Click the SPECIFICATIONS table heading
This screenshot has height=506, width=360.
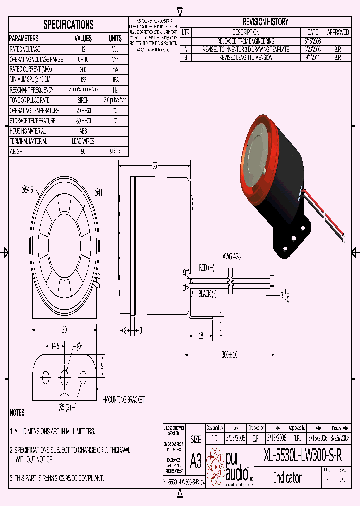(68, 25)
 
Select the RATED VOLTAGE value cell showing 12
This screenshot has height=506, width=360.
(83, 49)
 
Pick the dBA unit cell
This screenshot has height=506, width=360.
(115, 80)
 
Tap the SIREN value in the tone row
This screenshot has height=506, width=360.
(83, 100)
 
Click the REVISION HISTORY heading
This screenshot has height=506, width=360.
(265, 22)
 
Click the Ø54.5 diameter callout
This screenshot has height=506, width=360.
(27, 190)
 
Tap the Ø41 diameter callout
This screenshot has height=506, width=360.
(98, 193)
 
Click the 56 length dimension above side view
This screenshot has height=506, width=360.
(155, 166)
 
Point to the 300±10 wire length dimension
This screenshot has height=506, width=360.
(230, 354)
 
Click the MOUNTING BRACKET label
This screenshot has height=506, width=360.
(124, 400)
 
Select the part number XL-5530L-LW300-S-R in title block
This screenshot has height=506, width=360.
(303, 455)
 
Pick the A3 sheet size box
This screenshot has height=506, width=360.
(196, 461)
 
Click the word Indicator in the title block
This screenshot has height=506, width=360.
(287, 477)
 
